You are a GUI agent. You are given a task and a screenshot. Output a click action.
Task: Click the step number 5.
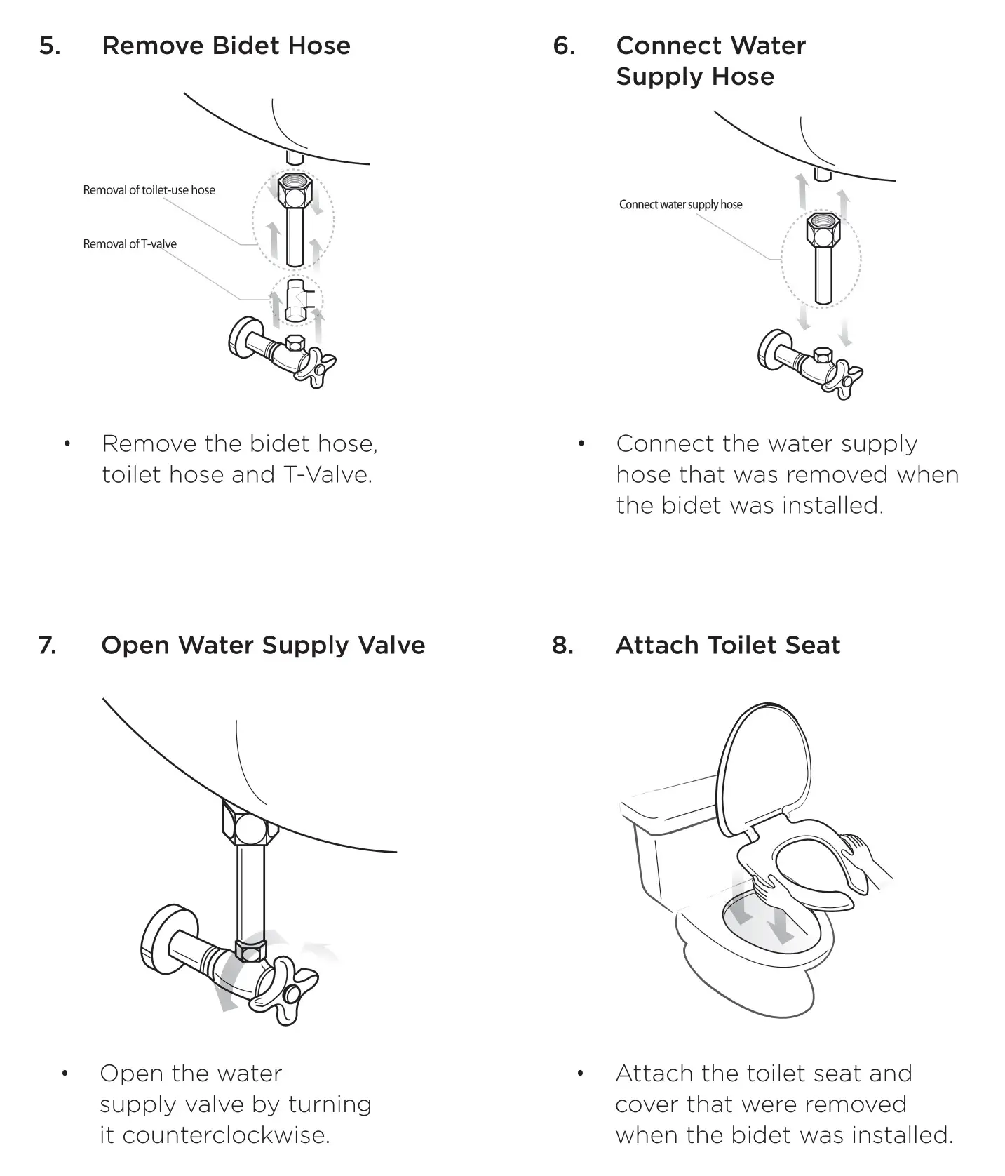click(x=49, y=46)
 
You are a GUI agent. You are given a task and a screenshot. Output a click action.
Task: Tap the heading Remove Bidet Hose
click(x=226, y=46)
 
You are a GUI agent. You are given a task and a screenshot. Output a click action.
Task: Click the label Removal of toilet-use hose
click(x=149, y=190)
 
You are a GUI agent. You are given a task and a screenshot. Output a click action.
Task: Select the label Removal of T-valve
click(x=130, y=244)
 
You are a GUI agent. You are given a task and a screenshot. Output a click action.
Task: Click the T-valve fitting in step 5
click(x=296, y=301)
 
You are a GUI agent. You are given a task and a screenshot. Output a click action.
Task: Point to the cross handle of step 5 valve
click(x=315, y=367)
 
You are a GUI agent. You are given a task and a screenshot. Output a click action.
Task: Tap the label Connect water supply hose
click(x=680, y=205)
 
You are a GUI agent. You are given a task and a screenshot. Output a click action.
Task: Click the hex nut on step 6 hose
click(x=823, y=229)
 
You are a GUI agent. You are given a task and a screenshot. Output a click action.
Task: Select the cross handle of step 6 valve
click(x=843, y=379)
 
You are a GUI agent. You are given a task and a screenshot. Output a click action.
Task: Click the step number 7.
click(x=48, y=646)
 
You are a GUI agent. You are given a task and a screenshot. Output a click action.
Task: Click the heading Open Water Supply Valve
click(x=263, y=646)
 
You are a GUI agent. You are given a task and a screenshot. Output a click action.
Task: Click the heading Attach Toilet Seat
click(x=727, y=646)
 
